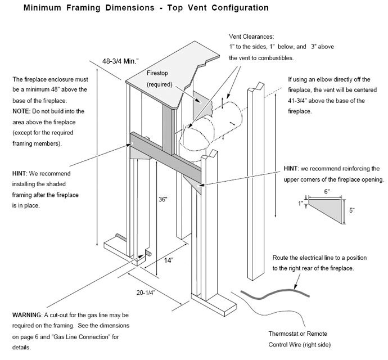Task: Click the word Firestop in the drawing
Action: tap(159, 74)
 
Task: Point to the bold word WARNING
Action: tap(26, 315)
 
